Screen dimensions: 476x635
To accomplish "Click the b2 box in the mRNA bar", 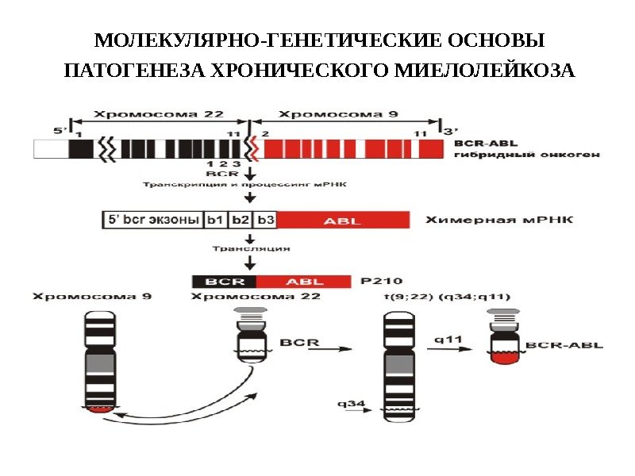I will (x=241, y=221).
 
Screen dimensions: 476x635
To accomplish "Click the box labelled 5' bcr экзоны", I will (x=152, y=221).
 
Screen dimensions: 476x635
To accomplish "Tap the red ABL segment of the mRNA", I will (x=342, y=221).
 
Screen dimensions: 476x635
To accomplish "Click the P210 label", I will (x=381, y=280).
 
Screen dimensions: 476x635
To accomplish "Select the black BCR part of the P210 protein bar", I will (x=223, y=281).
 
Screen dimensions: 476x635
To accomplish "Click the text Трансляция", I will (x=250, y=248).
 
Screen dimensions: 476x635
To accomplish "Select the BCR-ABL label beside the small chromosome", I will (x=564, y=346).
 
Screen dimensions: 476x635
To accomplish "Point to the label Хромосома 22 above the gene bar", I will (x=160, y=113).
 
